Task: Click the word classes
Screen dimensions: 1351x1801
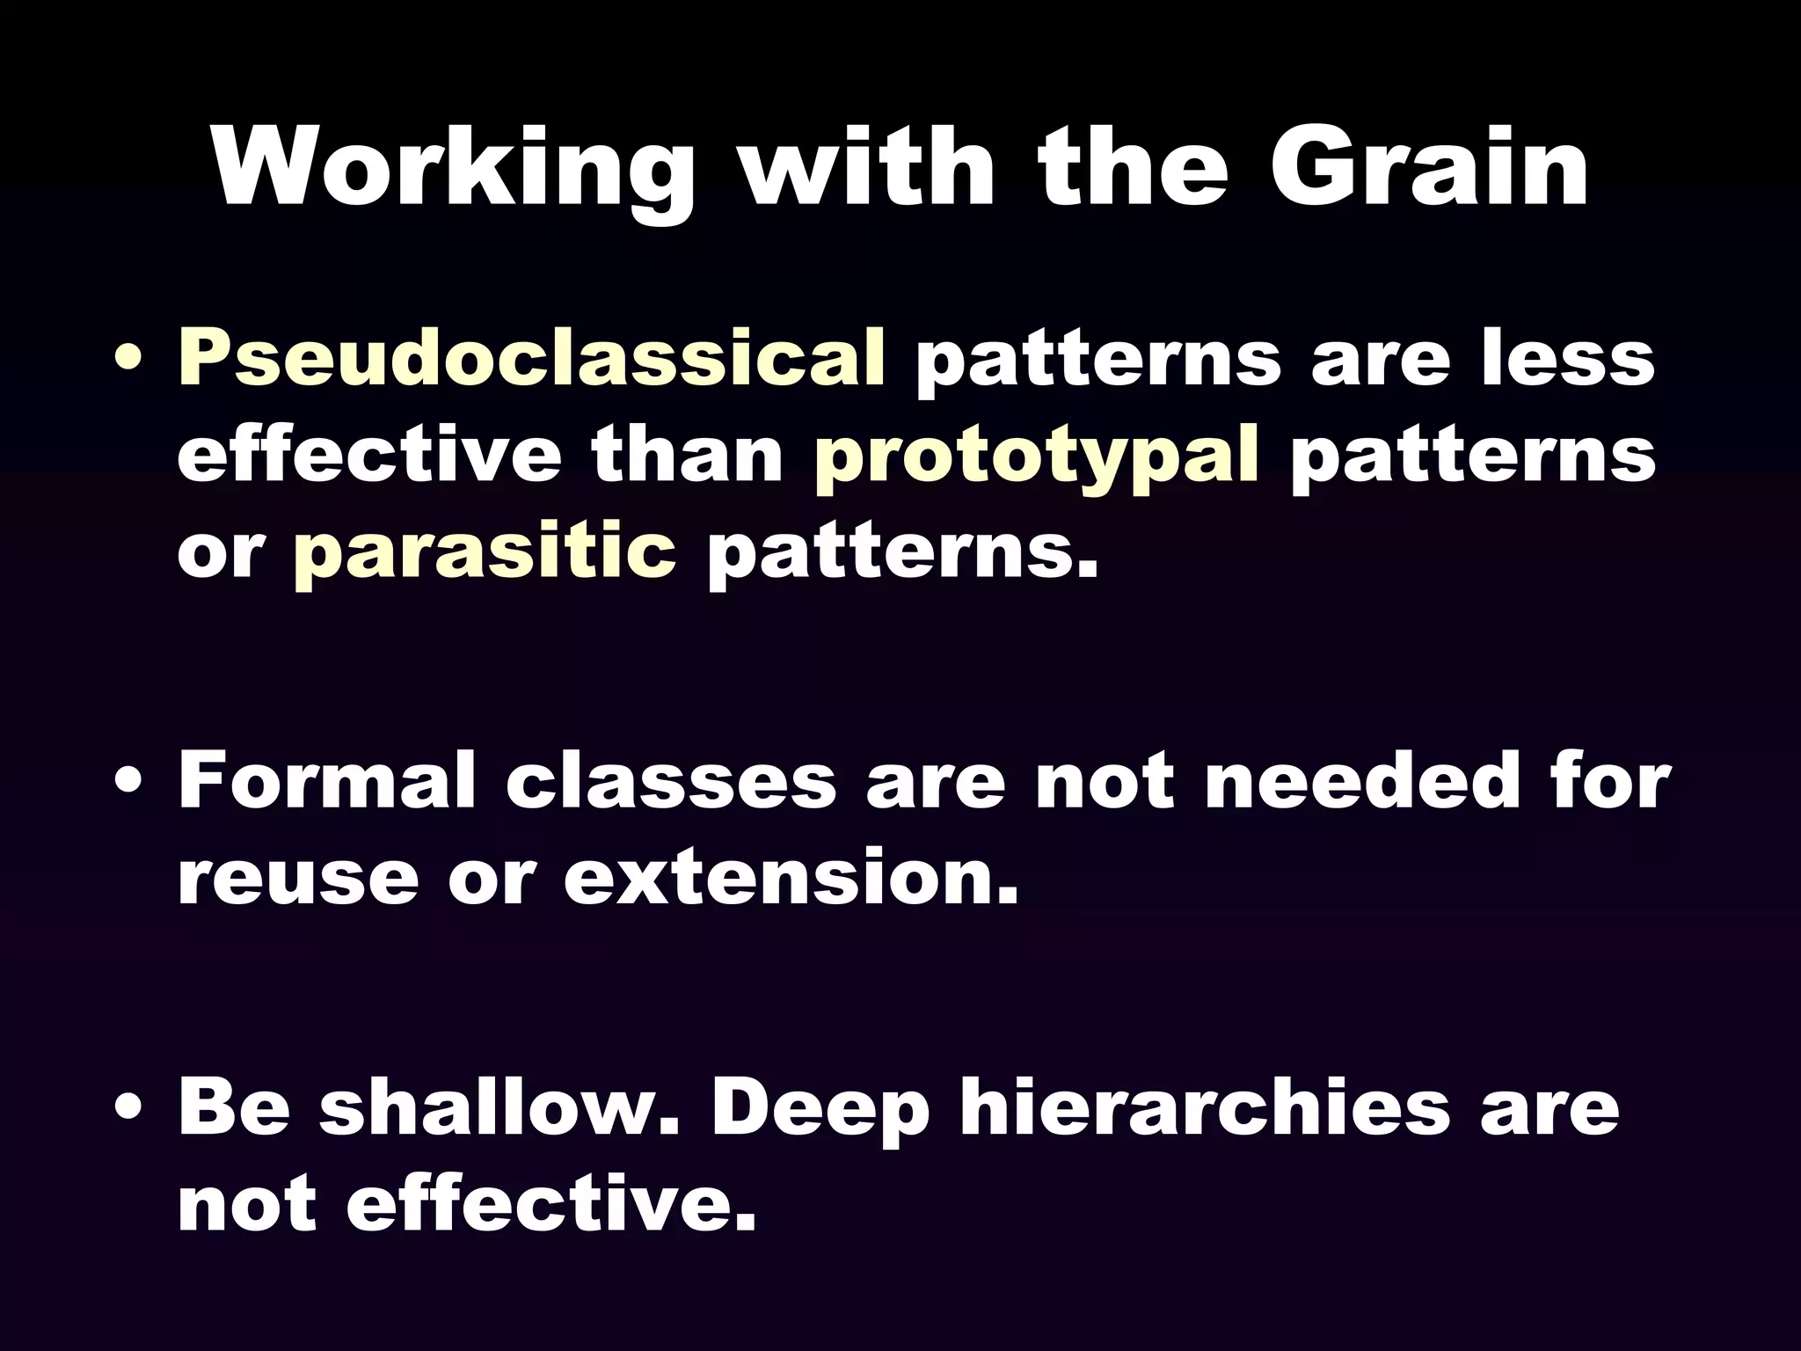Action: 670,780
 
